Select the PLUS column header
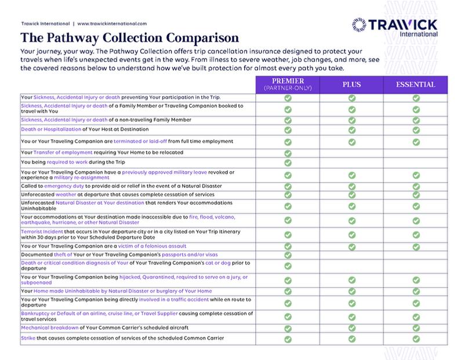(x=351, y=85)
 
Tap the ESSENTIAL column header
(x=416, y=85)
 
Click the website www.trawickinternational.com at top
(x=112, y=24)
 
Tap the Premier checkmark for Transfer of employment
(x=288, y=152)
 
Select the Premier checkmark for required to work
(x=288, y=163)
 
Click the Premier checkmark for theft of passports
(x=288, y=255)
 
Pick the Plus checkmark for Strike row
(x=351, y=339)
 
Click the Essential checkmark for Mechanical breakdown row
(x=416, y=328)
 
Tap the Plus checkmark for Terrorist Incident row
(x=351, y=234)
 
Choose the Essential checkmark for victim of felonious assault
(x=416, y=246)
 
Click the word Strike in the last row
(x=27, y=338)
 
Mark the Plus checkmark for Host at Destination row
(x=351, y=129)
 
